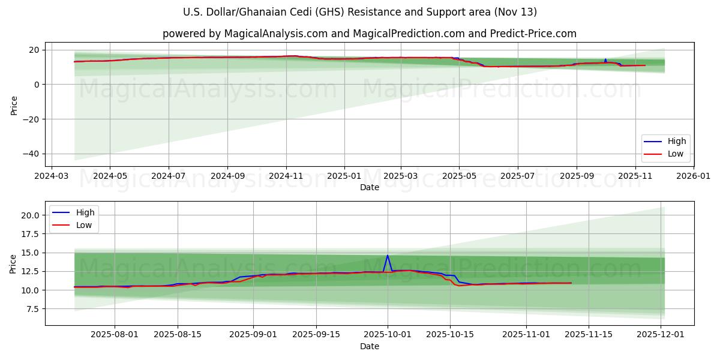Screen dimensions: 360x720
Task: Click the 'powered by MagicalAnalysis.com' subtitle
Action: (x=369, y=34)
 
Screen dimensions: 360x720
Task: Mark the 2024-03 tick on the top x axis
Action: (x=51, y=177)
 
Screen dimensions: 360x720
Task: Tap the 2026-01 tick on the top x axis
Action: (x=693, y=177)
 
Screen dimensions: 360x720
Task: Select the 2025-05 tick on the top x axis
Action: (x=459, y=177)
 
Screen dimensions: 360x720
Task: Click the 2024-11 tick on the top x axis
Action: (x=286, y=177)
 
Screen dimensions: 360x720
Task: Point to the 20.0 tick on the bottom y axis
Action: (x=29, y=215)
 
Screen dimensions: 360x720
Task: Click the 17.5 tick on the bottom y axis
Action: (x=29, y=234)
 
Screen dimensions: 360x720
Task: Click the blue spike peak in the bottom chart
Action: (x=388, y=255)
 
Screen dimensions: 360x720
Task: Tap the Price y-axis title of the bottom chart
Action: (x=13, y=263)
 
